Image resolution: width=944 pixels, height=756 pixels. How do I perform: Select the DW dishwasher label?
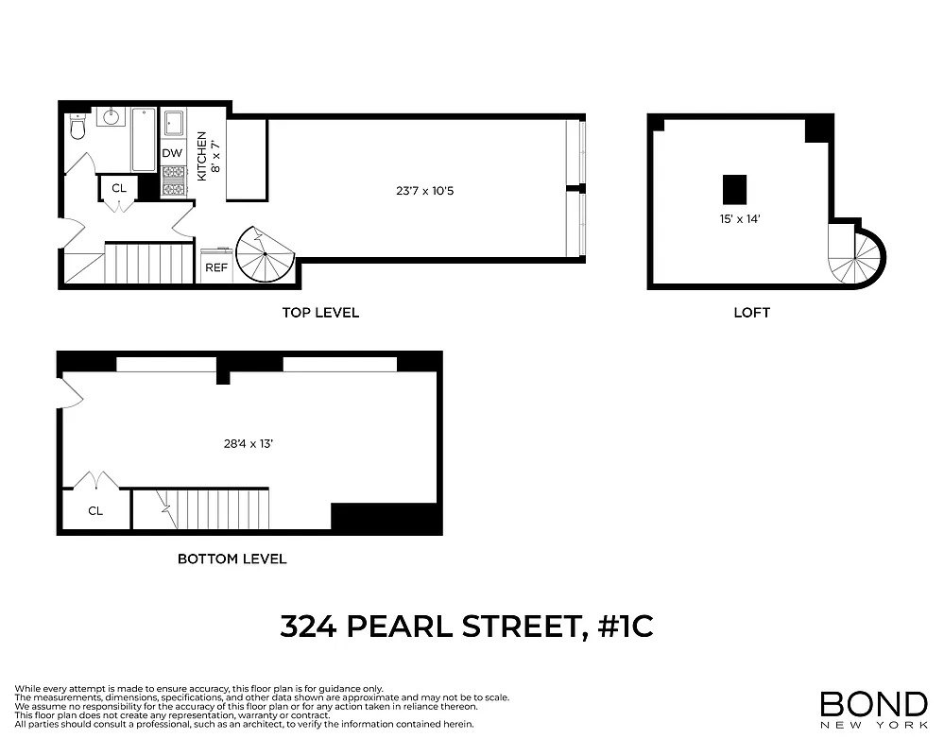(x=172, y=153)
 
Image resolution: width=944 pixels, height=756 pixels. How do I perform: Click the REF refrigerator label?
(x=216, y=268)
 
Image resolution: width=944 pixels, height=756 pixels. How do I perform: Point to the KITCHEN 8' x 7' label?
(x=207, y=157)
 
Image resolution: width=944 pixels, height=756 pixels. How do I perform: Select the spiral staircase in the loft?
(x=857, y=253)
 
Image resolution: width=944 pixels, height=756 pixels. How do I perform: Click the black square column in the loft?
(x=734, y=190)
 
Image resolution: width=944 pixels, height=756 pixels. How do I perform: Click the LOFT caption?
(x=752, y=313)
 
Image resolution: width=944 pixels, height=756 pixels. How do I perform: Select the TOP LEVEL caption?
(x=320, y=313)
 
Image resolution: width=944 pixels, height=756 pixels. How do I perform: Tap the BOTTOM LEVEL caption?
(x=232, y=558)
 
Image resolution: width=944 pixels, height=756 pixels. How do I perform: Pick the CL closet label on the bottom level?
(x=95, y=511)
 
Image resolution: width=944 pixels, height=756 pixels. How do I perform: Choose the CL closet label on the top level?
(x=119, y=188)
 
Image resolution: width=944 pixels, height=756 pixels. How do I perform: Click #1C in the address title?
(x=626, y=627)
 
